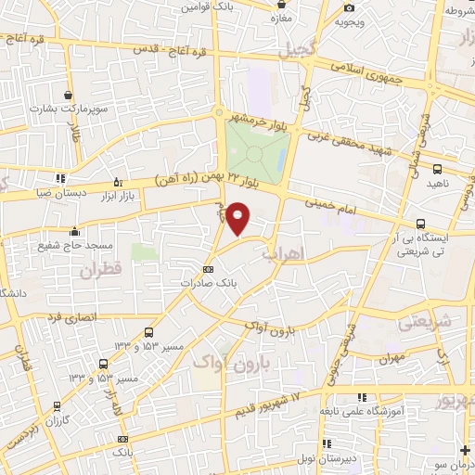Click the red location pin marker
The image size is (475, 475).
coord(238,219)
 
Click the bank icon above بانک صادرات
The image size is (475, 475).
coord(208,270)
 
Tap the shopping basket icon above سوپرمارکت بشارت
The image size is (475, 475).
coord(69,94)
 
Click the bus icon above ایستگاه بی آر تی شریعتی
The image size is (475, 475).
coord(422,224)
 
